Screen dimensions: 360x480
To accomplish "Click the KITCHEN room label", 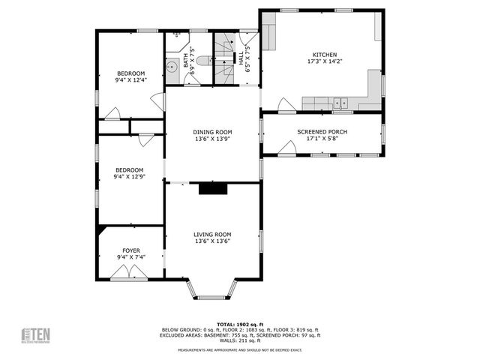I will [x=325, y=55].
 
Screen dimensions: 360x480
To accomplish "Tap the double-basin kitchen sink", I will [x=340, y=102].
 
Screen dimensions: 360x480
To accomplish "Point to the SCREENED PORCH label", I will [x=322, y=131].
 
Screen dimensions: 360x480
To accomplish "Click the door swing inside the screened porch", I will [x=286, y=148].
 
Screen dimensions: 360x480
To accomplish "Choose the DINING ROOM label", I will [x=213, y=131].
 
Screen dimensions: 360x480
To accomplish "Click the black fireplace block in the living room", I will [x=213, y=189].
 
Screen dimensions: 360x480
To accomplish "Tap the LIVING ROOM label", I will [x=213, y=234].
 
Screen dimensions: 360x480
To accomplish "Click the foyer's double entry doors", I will [x=130, y=273].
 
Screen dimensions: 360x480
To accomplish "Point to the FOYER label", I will [x=130, y=250].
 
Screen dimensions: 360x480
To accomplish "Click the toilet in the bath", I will [x=178, y=36].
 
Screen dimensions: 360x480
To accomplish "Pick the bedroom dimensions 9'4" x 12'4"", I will [x=130, y=79].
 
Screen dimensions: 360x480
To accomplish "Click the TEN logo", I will [x=35, y=334].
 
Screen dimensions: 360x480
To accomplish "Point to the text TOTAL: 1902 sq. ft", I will [x=240, y=323].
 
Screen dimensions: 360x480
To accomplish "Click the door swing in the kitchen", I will [x=286, y=106].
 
